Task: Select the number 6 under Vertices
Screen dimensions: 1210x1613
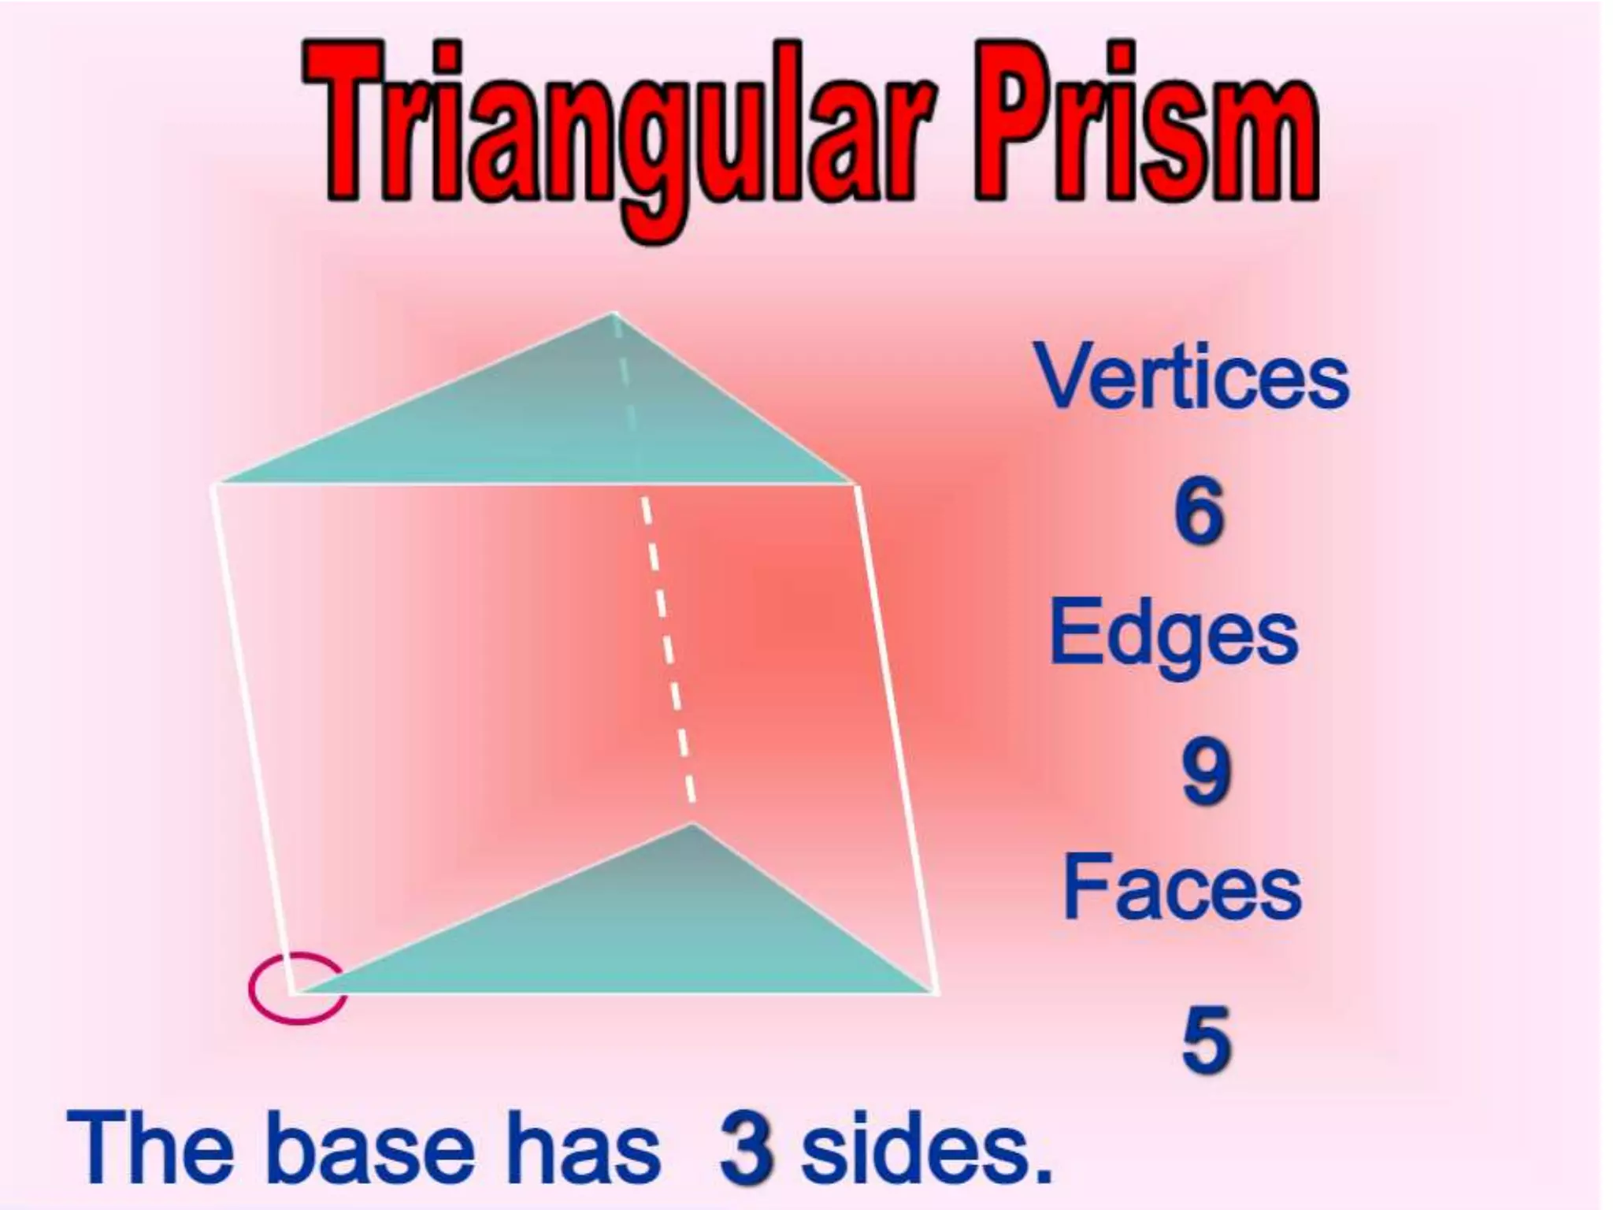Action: [1199, 512]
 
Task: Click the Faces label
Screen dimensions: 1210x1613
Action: [1181, 888]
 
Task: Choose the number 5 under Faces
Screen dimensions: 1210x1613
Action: [1206, 1040]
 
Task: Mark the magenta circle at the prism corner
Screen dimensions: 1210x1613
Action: [297, 989]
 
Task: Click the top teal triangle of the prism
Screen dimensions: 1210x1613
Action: [567, 425]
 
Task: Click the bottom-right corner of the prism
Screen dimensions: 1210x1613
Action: [936, 991]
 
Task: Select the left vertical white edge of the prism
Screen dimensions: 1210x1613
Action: [252, 737]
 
